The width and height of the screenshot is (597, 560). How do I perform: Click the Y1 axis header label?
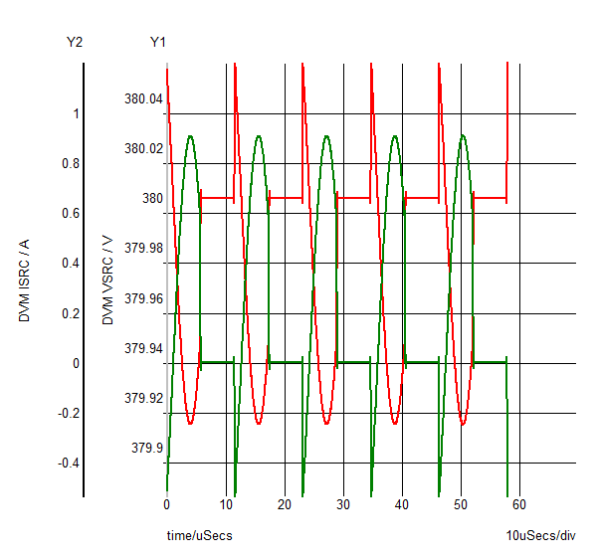coord(158,42)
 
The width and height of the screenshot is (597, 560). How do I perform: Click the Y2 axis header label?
coord(75,42)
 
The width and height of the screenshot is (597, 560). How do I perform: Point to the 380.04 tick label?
coord(143,99)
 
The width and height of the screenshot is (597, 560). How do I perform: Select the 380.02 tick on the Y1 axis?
coord(143,149)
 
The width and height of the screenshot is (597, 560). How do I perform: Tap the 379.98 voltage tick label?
coord(143,248)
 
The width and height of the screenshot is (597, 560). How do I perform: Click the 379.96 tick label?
coord(143,297)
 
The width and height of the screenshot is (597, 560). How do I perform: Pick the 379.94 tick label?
coord(143,347)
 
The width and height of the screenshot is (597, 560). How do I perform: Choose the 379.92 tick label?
coord(143,398)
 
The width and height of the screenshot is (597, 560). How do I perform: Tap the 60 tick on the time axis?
coord(519,504)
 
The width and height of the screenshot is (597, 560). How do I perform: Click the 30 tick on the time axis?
coord(343,504)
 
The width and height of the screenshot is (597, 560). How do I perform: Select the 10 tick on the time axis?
coord(226,504)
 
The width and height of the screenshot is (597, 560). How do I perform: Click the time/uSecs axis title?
coord(199,536)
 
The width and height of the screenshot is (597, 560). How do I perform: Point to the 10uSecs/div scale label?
coord(540,536)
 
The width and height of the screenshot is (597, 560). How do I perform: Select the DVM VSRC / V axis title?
coord(108,280)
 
